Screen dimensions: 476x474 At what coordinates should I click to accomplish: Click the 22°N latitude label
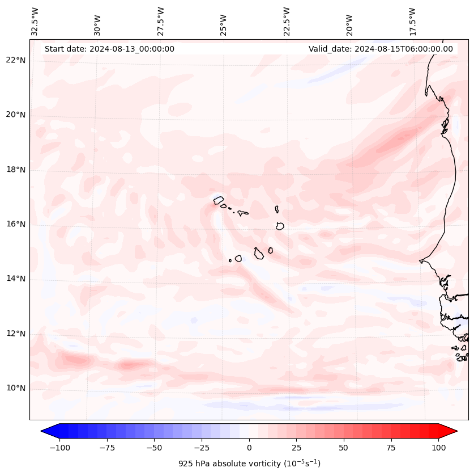(x=16, y=60)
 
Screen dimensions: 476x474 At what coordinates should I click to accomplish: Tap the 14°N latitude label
(x=16, y=279)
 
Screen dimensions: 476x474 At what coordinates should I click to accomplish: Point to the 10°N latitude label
(x=16, y=388)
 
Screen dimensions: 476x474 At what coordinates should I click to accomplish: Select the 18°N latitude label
(x=16, y=170)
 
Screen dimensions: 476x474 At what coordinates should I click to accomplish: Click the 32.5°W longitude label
(x=35, y=22)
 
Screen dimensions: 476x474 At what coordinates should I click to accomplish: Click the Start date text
(x=109, y=49)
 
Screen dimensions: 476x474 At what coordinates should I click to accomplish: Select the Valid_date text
(x=381, y=49)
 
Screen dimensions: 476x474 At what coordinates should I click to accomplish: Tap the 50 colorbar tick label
(x=343, y=448)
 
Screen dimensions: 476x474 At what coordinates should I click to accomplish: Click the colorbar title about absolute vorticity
(x=249, y=464)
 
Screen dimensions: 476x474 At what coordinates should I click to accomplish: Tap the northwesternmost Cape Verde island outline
(x=219, y=200)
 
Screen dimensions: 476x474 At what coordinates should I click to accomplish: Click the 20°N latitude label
(x=16, y=115)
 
